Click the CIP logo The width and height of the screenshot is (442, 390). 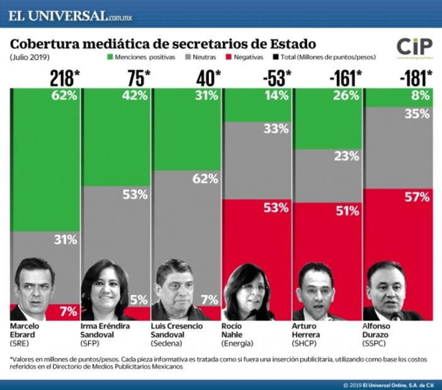click(x=414, y=47)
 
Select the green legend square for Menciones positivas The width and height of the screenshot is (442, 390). click(x=110, y=57)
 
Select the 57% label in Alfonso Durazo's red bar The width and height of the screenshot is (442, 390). click(x=417, y=197)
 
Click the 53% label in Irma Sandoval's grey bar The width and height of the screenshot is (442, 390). click(x=135, y=194)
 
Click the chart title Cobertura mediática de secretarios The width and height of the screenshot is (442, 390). click(x=163, y=44)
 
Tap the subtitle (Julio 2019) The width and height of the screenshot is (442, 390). click(x=30, y=57)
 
